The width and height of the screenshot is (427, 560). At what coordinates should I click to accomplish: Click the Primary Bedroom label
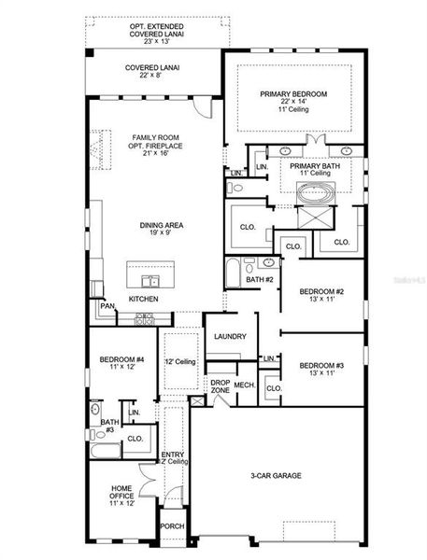pyautogui.click(x=292, y=94)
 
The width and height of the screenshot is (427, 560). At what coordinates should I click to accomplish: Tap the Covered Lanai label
pyautogui.click(x=152, y=68)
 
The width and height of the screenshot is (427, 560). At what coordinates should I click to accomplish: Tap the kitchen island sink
pyautogui.click(x=149, y=280)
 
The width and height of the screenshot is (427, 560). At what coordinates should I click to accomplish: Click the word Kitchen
pyautogui.click(x=143, y=299)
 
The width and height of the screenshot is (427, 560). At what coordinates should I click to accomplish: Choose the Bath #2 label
pyautogui.click(x=259, y=279)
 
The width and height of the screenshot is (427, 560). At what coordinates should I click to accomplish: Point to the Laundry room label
pyautogui.click(x=228, y=337)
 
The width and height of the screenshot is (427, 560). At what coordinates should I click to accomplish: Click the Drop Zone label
pyautogui.click(x=221, y=386)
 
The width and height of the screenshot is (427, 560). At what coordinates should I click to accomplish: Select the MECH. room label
pyautogui.click(x=245, y=385)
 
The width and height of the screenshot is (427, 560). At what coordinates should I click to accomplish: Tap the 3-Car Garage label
pyautogui.click(x=275, y=476)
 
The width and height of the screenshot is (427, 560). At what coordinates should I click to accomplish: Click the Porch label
pyautogui.click(x=173, y=525)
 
